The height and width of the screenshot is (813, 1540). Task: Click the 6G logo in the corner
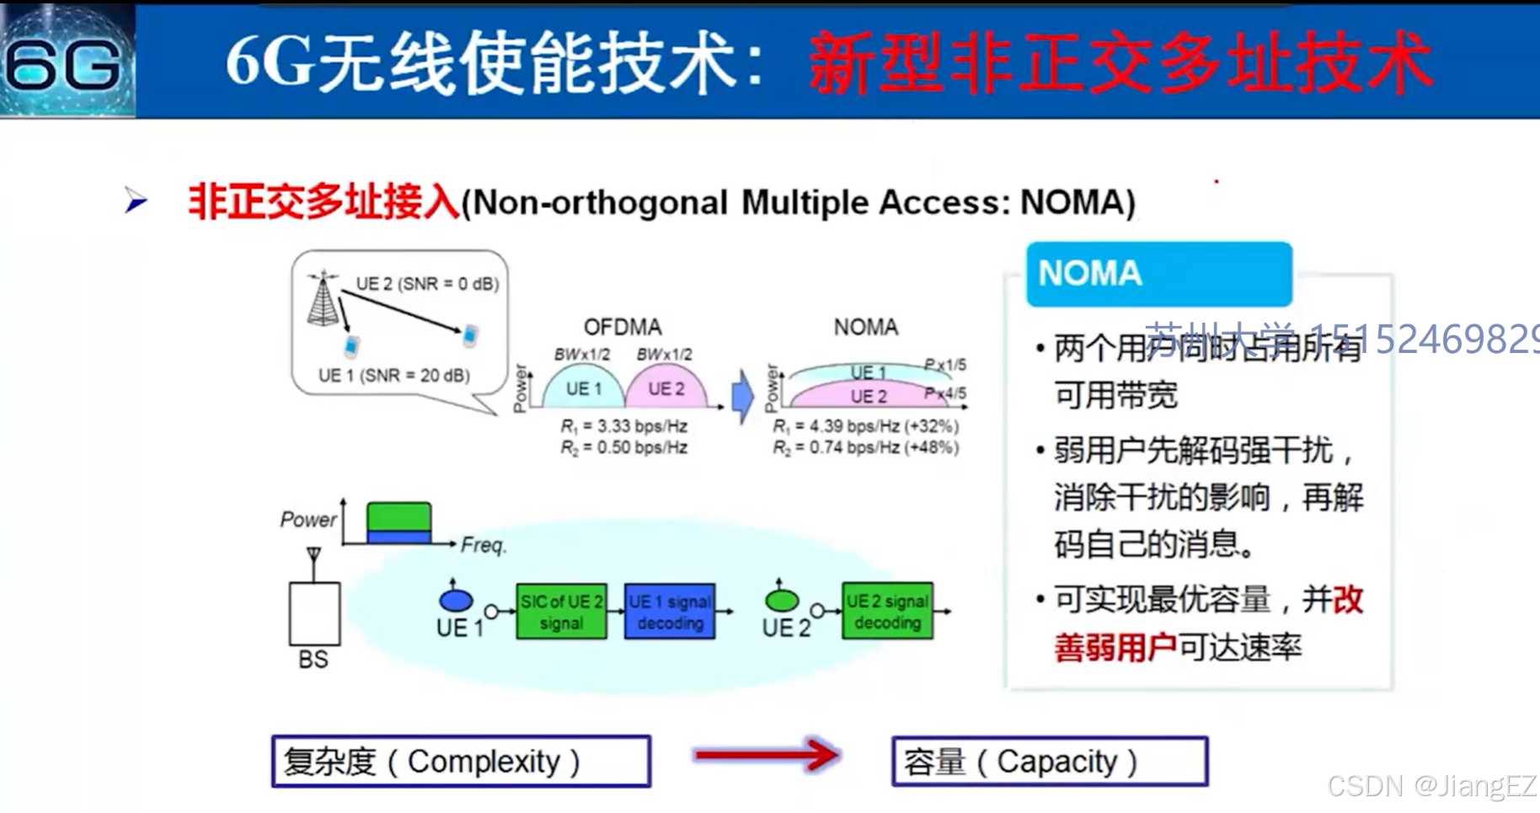pos(66,61)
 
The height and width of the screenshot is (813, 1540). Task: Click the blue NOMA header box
pos(1158,274)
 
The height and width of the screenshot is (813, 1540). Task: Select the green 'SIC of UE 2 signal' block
pos(561,612)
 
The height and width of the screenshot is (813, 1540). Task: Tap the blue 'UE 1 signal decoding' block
pos(670,612)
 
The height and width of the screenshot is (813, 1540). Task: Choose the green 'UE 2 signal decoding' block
pos(887,611)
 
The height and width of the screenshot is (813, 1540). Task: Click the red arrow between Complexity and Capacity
pos(766,755)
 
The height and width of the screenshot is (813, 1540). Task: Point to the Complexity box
pos(461,762)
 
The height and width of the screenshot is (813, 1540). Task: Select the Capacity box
pos(1050,762)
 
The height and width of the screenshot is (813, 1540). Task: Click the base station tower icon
pos(323,299)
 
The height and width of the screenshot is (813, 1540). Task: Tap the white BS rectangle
pos(314,613)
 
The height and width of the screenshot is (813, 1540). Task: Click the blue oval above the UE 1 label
pos(456,600)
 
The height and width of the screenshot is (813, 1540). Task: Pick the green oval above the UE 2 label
pos(782,600)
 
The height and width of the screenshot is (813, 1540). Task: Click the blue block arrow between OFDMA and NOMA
pos(741,396)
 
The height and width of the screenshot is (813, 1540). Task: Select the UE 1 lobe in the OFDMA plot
pos(583,388)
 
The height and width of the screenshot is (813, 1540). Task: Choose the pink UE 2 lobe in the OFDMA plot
pos(666,388)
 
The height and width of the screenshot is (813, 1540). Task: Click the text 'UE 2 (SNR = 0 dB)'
pos(427,284)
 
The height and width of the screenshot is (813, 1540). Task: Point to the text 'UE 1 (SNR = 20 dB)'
pos(393,376)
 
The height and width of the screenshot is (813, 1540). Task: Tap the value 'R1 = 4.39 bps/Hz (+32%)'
pos(865,426)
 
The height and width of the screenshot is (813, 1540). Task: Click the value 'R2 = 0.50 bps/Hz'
pos(623,447)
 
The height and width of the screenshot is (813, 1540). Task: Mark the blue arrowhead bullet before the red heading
pos(136,201)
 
